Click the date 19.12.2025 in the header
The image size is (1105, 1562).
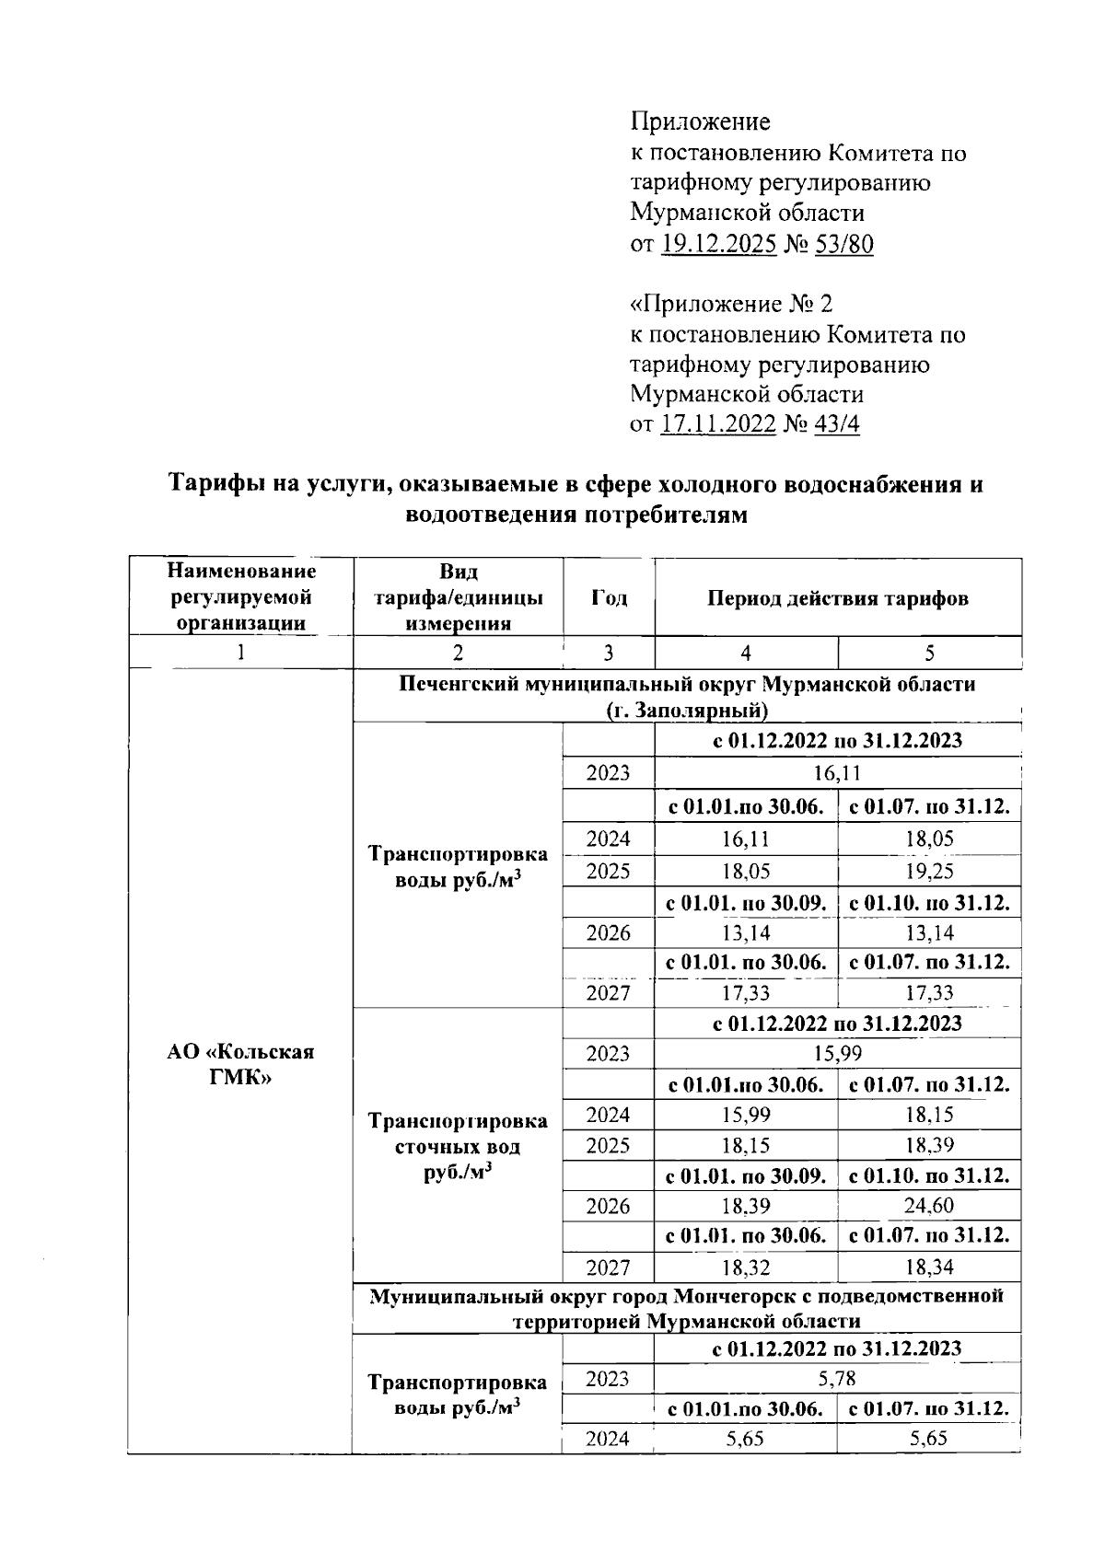click(718, 244)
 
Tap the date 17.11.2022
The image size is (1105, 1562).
click(718, 425)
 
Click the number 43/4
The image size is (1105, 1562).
click(835, 425)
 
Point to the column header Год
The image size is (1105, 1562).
click(609, 598)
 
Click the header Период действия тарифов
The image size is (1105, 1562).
click(837, 598)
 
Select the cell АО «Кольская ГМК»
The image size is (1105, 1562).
click(240, 1064)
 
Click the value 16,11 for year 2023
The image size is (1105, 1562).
click(837, 772)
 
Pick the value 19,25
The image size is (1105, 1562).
click(928, 871)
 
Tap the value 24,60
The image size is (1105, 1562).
click(928, 1206)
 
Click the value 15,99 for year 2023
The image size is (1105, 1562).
click(837, 1054)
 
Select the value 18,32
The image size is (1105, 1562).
click(745, 1267)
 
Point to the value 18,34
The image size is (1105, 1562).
click(928, 1267)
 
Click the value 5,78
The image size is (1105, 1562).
click(837, 1379)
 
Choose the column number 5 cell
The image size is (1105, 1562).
click(929, 654)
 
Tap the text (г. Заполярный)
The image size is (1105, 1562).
click(687, 710)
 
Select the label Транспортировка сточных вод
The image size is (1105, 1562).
click(457, 1134)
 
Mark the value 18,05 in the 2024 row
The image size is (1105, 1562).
click(928, 839)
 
